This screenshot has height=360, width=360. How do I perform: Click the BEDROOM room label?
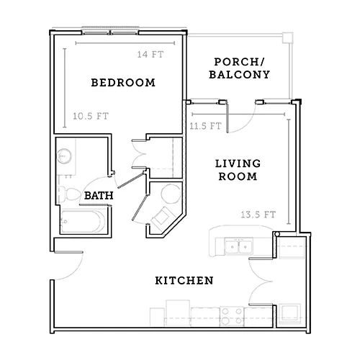(x=123, y=83)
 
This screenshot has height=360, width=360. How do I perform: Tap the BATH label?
(x=99, y=196)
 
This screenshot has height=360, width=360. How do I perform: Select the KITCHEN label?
(x=184, y=281)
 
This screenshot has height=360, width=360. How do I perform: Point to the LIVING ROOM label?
(x=238, y=170)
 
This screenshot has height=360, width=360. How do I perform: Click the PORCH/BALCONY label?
(x=240, y=68)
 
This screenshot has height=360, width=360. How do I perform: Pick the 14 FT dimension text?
(x=150, y=55)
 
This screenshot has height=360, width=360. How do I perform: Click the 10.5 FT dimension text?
(x=91, y=117)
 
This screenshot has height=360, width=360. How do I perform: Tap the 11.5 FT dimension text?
(x=205, y=126)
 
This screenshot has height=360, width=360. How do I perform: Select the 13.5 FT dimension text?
(x=258, y=215)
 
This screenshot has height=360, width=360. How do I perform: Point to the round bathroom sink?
(x=64, y=156)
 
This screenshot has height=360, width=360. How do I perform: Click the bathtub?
(x=83, y=222)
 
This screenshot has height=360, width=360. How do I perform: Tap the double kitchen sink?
(x=238, y=246)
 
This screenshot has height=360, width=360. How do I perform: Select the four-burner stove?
(x=232, y=316)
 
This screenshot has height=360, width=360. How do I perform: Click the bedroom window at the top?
(x=110, y=32)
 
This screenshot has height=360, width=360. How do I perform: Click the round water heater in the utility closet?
(x=171, y=194)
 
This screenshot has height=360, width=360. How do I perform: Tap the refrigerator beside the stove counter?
(x=178, y=312)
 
